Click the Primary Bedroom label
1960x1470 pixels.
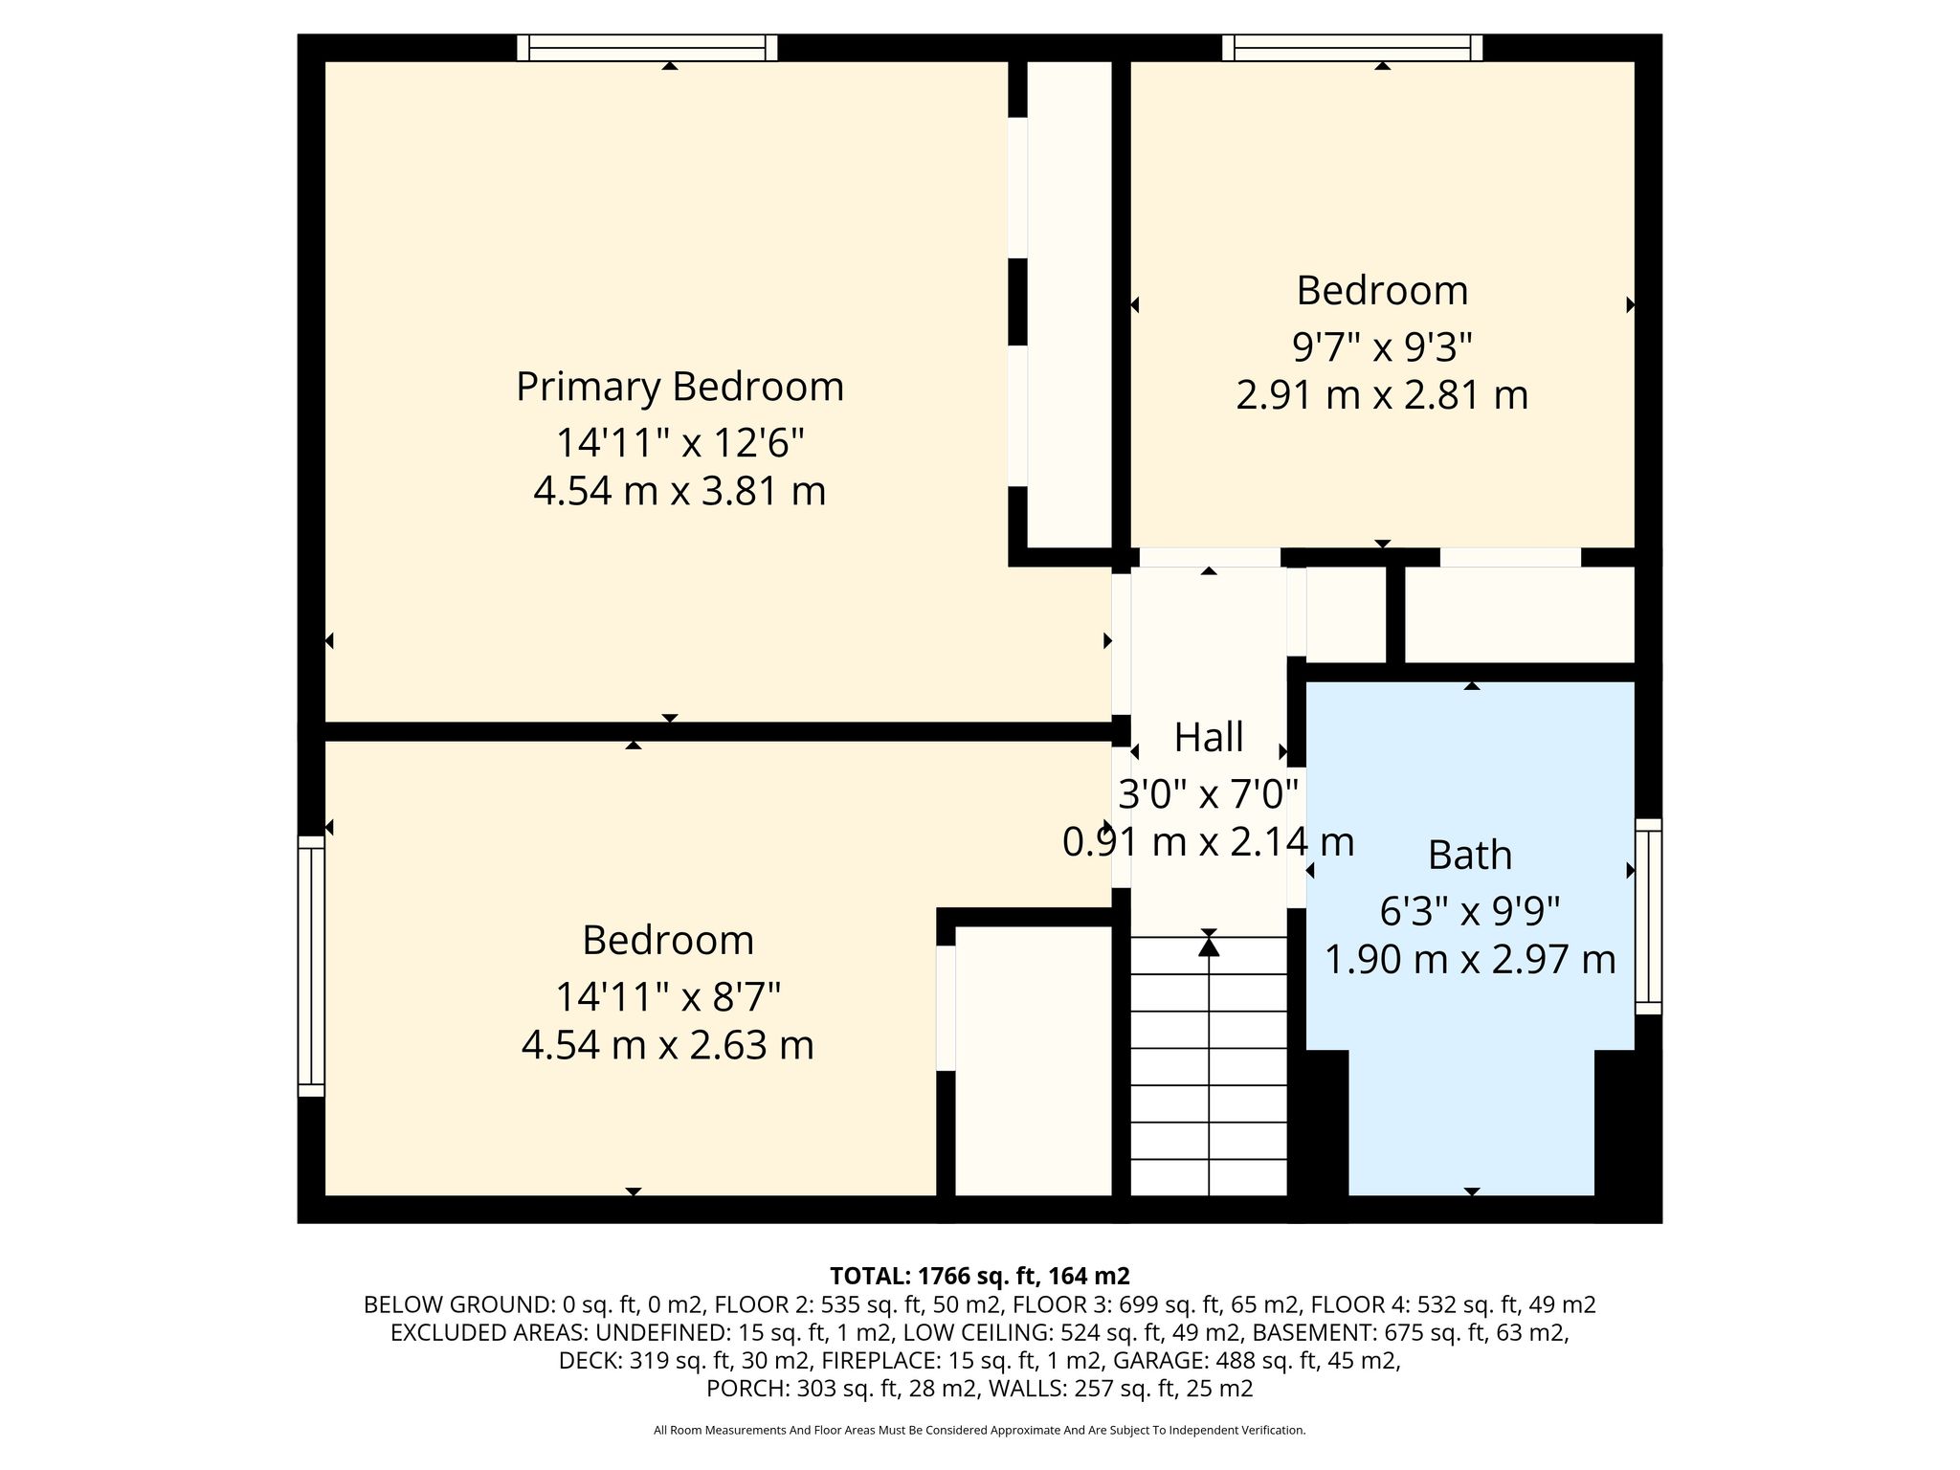[679, 388]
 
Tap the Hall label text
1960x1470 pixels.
[1209, 738]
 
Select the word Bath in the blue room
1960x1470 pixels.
[1470, 856]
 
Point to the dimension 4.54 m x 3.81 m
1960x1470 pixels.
[679, 492]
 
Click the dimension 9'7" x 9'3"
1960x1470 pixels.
[1382, 347]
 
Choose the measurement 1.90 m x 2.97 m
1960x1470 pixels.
[1470, 959]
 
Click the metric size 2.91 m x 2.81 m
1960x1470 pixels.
[1382, 395]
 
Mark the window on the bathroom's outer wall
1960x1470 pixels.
[1648, 916]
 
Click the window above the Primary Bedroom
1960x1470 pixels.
[647, 48]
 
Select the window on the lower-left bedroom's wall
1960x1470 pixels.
[311, 966]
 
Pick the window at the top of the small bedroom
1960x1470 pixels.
[1352, 48]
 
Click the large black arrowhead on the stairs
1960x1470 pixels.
[1209, 947]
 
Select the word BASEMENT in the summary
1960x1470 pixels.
[1305, 1332]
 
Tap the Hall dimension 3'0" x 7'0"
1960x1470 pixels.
[1209, 793]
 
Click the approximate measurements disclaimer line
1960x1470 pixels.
[980, 1431]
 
